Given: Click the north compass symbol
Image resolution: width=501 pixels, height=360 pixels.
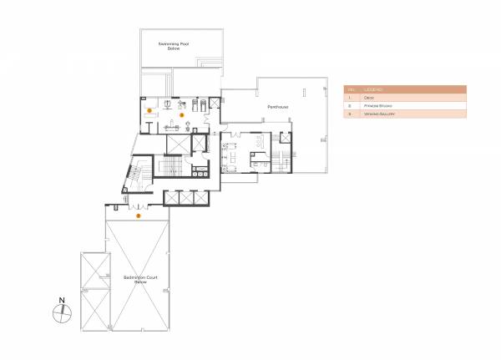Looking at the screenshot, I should (60, 313).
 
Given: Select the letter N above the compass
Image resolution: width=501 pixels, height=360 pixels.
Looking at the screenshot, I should (60, 300).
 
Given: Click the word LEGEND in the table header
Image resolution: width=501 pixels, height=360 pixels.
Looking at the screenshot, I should (373, 89).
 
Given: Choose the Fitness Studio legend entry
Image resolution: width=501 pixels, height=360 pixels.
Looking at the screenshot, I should (375, 106).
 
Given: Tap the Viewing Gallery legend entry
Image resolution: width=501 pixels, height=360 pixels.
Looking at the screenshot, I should (377, 114).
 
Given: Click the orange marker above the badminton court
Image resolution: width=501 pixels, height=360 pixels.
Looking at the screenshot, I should (139, 215).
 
